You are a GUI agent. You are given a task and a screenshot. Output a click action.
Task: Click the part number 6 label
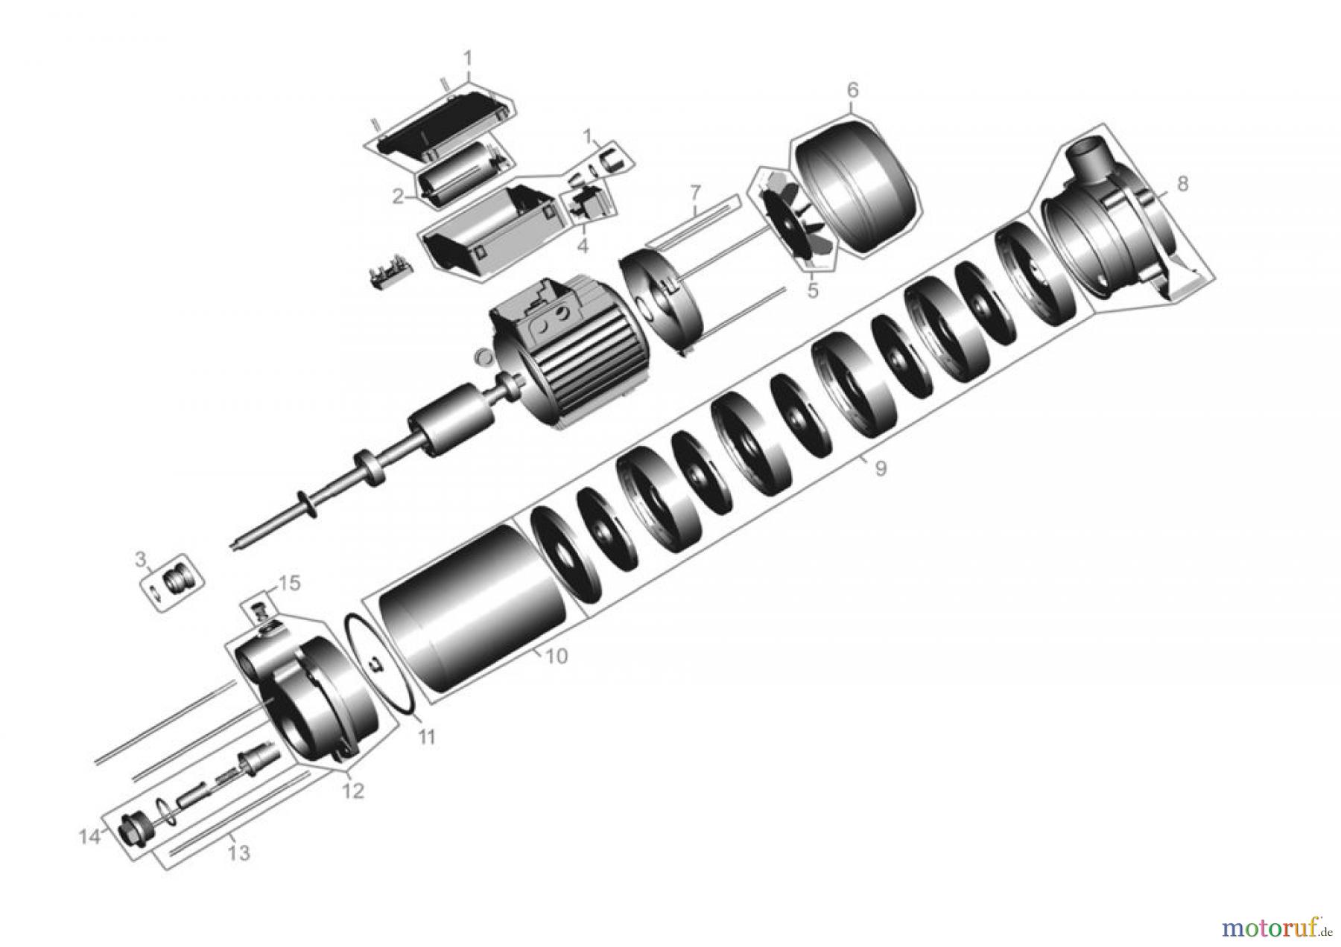(x=852, y=90)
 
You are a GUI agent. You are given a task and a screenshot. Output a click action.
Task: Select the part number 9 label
(x=880, y=469)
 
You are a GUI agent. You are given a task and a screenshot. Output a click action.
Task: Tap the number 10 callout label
(x=556, y=656)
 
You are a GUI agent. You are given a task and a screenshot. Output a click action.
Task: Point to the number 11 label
(x=425, y=737)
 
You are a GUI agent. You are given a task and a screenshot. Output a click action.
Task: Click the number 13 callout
(x=238, y=853)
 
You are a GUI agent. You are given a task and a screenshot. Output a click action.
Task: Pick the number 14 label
(x=89, y=837)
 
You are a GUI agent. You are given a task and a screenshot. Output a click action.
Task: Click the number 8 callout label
(x=1182, y=183)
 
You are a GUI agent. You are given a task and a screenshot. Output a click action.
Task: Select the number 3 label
(x=140, y=558)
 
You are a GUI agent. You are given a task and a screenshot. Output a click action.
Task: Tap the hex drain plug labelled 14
(x=133, y=827)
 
